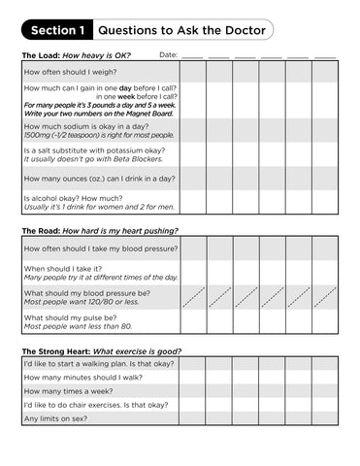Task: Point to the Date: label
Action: pyautogui.click(x=168, y=55)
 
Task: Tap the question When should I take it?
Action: pyautogui.click(x=65, y=268)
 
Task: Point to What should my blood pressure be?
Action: pyautogui.click(x=84, y=292)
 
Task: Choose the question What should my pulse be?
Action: pyautogui.click(x=74, y=316)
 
